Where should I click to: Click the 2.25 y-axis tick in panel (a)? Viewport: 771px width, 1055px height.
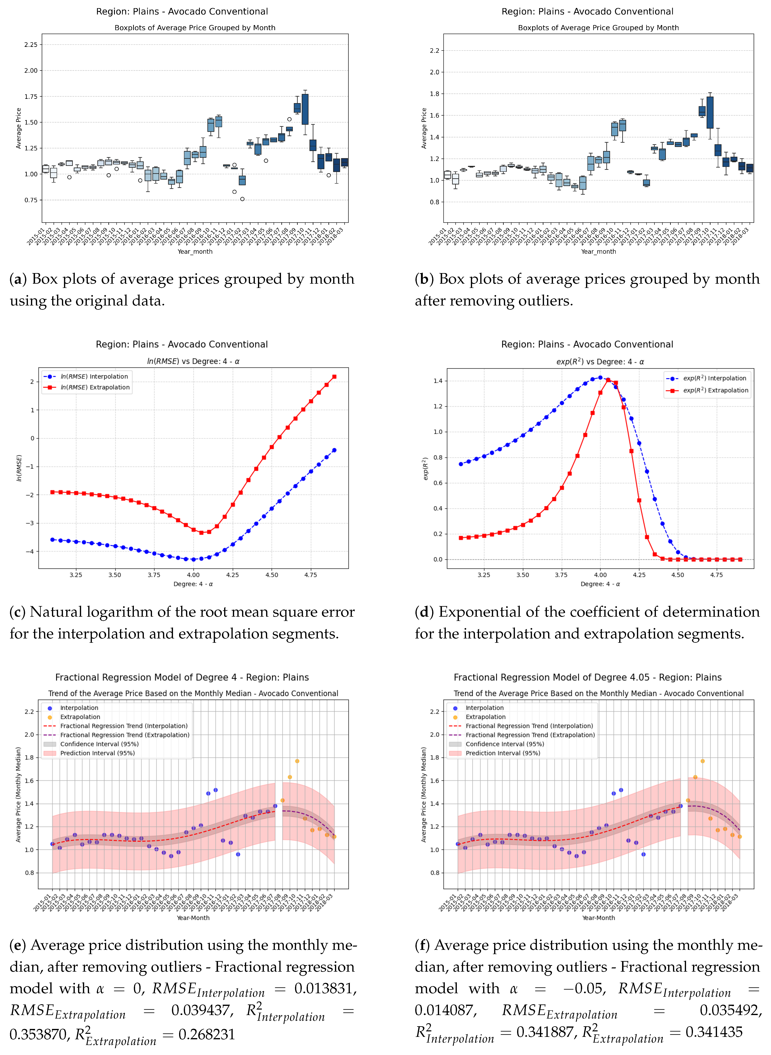31,45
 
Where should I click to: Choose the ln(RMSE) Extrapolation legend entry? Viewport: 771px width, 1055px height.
95,387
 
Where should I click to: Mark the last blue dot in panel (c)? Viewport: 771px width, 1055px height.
334,450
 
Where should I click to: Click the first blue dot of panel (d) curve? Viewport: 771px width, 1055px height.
461,464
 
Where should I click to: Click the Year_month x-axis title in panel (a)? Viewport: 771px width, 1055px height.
195,252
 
